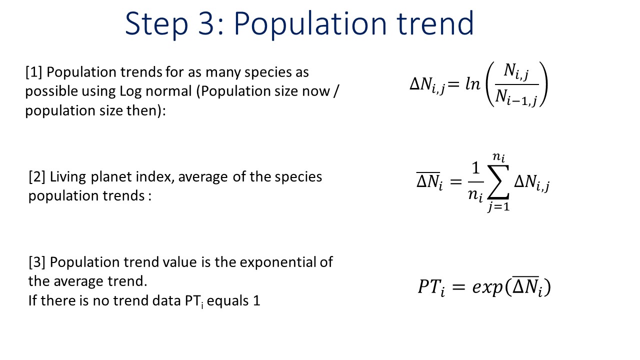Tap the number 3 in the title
(205, 23)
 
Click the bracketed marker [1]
(33, 72)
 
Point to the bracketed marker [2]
(37, 177)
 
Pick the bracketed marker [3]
(37, 262)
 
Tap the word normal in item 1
(168, 91)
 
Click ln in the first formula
(473, 84)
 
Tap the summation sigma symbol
(498, 181)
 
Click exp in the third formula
(487, 287)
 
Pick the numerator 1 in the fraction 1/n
(475, 168)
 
